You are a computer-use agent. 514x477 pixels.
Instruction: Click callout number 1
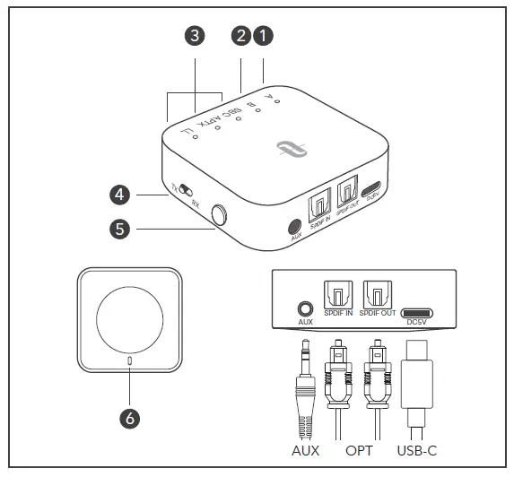click(x=263, y=36)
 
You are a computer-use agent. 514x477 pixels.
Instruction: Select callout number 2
click(x=240, y=36)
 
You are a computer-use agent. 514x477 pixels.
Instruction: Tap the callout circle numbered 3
click(x=194, y=36)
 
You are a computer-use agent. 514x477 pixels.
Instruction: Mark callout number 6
click(x=130, y=418)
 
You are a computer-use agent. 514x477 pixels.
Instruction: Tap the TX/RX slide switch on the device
click(x=184, y=190)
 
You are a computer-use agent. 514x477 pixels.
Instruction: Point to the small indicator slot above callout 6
click(x=130, y=361)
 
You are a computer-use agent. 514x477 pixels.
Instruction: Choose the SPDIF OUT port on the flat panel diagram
click(x=378, y=293)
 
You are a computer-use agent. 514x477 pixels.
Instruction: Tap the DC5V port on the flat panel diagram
click(x=418, y=313)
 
